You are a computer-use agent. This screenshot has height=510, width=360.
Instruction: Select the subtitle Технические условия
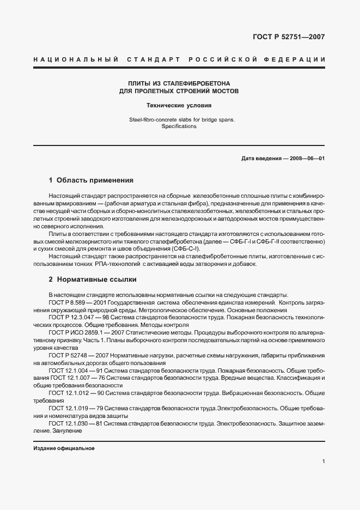pos(179,105)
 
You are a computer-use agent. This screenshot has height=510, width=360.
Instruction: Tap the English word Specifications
pos(179,126)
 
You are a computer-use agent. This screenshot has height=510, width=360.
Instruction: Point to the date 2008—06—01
pos(307,158)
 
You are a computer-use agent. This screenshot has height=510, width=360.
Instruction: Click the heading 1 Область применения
pos(91,180)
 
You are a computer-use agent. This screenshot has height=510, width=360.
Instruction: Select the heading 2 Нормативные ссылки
pos(92,279)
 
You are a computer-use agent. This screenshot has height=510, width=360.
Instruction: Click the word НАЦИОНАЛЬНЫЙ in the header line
pos(72,59)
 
